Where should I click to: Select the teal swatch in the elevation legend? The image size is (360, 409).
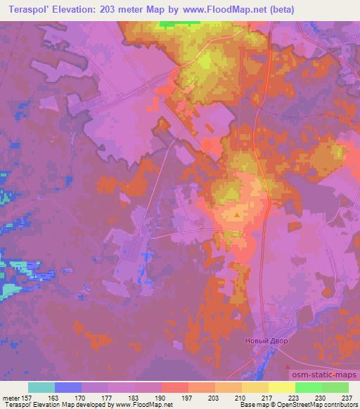click(x=41, y=387)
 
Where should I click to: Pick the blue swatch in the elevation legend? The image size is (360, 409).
click(x=68, y=387)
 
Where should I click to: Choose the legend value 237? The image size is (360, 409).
click(x=349, y=397)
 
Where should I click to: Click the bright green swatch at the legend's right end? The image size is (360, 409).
click(x=335, y=387)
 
